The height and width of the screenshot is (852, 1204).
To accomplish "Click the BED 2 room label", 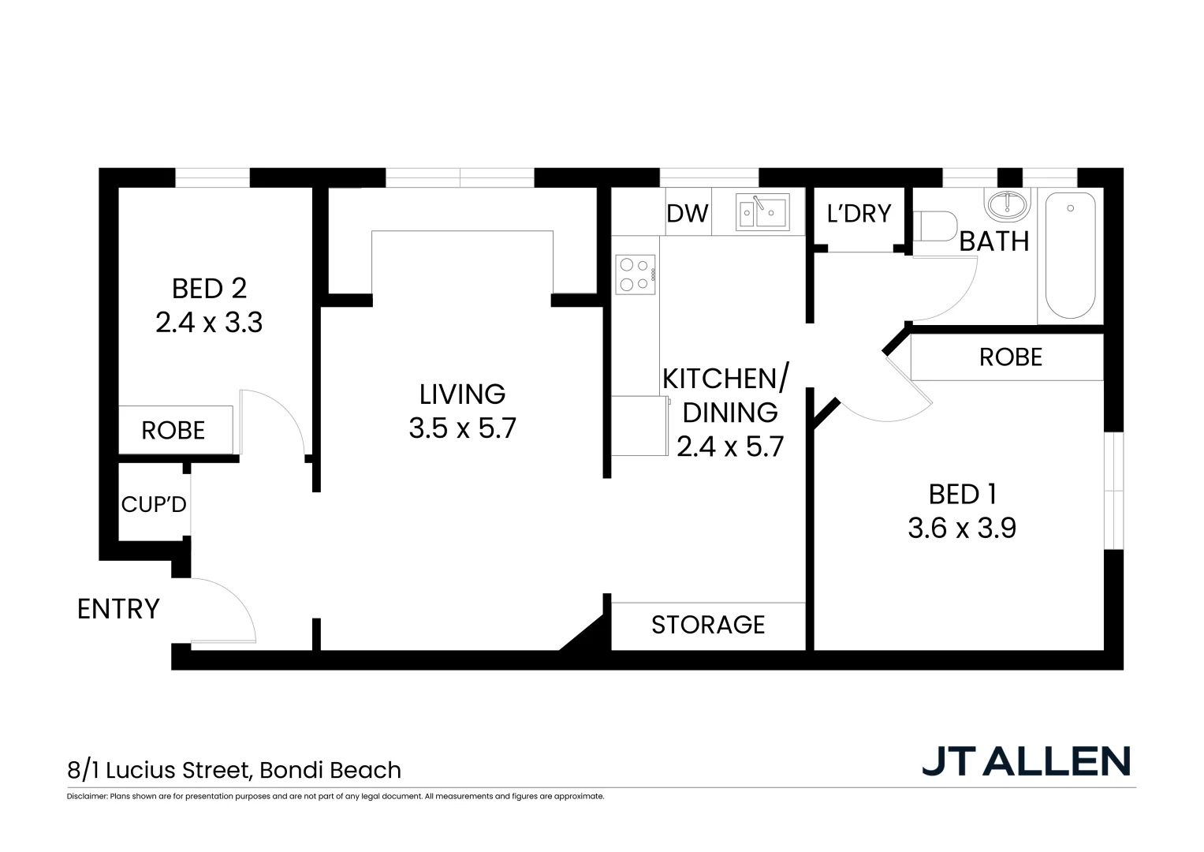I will (209, 289).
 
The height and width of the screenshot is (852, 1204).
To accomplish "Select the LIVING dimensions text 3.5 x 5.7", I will (462, 428).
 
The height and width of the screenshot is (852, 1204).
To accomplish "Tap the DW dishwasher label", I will (688, 214).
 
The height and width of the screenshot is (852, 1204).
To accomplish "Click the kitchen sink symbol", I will (762, 211).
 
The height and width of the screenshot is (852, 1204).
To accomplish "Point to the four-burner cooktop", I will (636, 275).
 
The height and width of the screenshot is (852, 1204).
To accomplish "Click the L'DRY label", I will (859, 214).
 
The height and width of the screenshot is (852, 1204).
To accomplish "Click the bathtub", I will (1070, 256).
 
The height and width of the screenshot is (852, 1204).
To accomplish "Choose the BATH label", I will (993, 241).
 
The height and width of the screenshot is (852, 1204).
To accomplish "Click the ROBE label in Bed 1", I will (1010, 357).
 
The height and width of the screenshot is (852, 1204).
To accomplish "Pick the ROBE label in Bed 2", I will (173, 431).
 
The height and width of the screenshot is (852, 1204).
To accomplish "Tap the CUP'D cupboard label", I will (154, 504).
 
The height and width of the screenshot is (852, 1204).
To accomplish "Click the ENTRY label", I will (118, 609).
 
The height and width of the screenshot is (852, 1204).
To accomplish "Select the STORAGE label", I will (708, 625).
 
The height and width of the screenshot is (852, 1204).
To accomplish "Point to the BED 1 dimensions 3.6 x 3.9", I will (962, 528).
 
